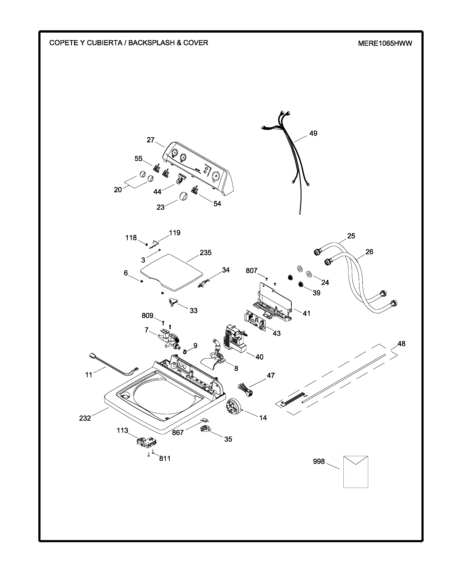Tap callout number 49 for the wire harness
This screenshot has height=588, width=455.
click(313, 133)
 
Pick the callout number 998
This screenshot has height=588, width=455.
click(319, 461)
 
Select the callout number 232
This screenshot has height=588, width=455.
click(85, 418)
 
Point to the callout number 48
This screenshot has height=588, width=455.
click(401, 344)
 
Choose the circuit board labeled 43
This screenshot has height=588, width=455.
click(255, 321)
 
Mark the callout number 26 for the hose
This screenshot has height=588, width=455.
click(369, 252)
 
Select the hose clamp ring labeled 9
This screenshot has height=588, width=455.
click(185, 351)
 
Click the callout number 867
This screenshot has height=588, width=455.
click(178, 433)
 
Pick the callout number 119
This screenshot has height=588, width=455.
click(175, 233)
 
